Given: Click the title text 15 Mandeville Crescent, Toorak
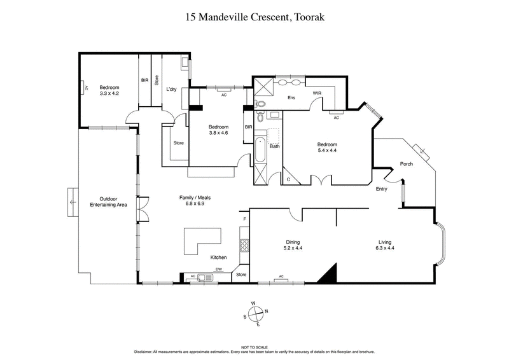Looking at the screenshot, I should (254, 17).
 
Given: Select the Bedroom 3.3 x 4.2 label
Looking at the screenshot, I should (109, 90).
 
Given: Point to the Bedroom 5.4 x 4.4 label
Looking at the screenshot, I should (327, 148).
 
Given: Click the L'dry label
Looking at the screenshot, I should (171, 89).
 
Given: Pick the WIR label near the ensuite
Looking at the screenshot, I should (317, 93).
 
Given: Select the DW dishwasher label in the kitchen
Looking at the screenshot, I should (218, 269).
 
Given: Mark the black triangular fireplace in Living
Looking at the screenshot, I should (327, 275).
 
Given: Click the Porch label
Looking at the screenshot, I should (406, 164).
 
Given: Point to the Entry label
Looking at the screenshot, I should (381, 189).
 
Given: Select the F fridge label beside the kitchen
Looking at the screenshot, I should (244, 220).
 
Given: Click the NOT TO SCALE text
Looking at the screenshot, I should (254, 347).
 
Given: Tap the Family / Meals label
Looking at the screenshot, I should (195, 201).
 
